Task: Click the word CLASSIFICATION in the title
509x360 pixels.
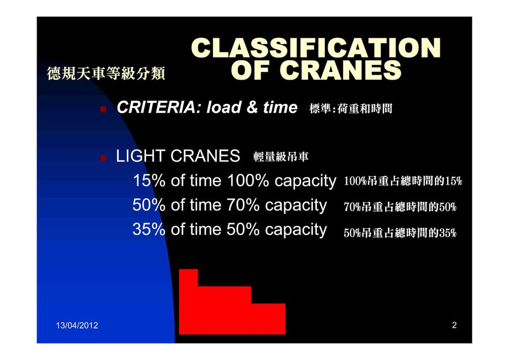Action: [316, 48]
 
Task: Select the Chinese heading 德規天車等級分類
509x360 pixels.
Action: [106, 74]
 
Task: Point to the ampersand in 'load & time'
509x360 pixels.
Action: [252, 107]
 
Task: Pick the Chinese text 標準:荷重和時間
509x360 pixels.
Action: [351, 108]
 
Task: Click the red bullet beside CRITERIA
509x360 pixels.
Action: [103, 109]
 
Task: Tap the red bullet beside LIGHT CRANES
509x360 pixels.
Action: [103, 158]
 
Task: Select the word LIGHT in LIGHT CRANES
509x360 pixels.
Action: [141, 156]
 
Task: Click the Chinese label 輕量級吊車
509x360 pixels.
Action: [281, 156]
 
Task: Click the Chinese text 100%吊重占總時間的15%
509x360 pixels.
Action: [403, 181]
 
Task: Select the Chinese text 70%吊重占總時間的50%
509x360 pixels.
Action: [400, 207]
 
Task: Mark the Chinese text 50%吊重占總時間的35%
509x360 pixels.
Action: [400, 233]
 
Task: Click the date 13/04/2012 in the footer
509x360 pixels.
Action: [77, 325]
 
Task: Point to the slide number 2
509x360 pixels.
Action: [454, 325]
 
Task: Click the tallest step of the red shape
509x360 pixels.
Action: [188, 301]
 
